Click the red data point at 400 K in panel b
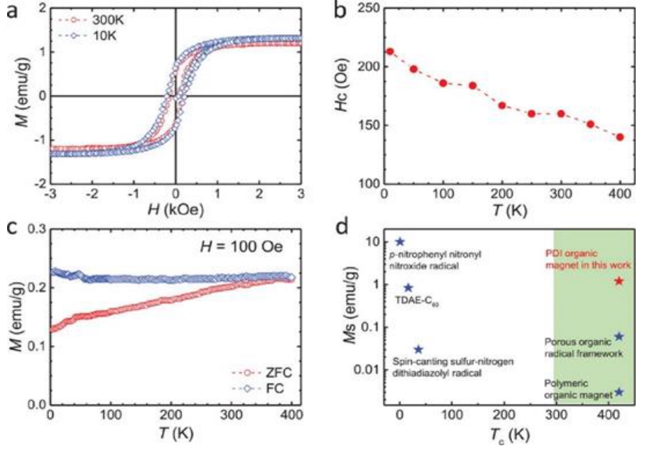coord(620,137)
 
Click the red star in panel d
coord(619,281)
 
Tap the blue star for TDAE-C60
coord(408,288)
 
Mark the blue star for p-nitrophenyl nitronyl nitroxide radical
coord(399,241)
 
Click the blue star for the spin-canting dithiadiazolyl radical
coord(418,349)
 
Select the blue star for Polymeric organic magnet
coord(619,392)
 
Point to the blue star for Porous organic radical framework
coord(619,337)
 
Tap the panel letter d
coord(341,229)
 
